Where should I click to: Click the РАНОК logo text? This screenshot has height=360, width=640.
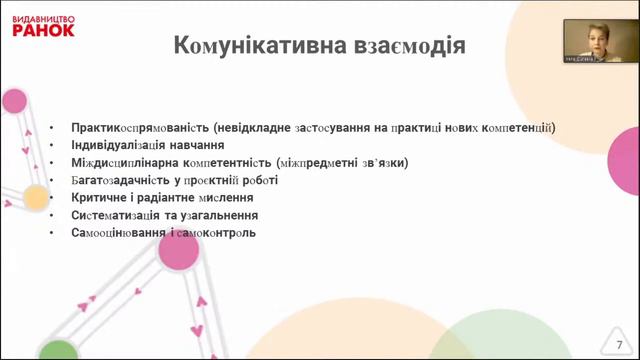pyautogui.click(x=43, y=30)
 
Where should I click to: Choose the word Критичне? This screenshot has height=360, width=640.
pyautogui.click(x=100, y=198)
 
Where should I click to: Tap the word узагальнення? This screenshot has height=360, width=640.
pyautogui.click(x=222, y=215)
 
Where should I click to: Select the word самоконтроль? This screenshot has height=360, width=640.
pyautogui.click(x=221, y=233)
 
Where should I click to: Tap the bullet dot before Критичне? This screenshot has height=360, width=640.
pyautogui.click(x=52, y=198)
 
